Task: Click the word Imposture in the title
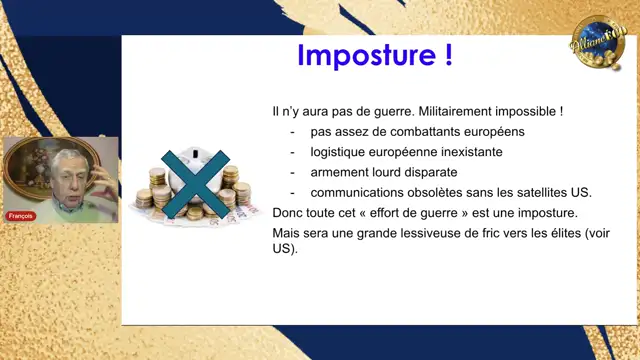pos(353,55)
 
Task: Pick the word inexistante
pos(467,152)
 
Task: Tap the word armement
pos(340,172)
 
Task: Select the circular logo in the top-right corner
pos(597,43)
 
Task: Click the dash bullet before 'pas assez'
pos(293,131)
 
